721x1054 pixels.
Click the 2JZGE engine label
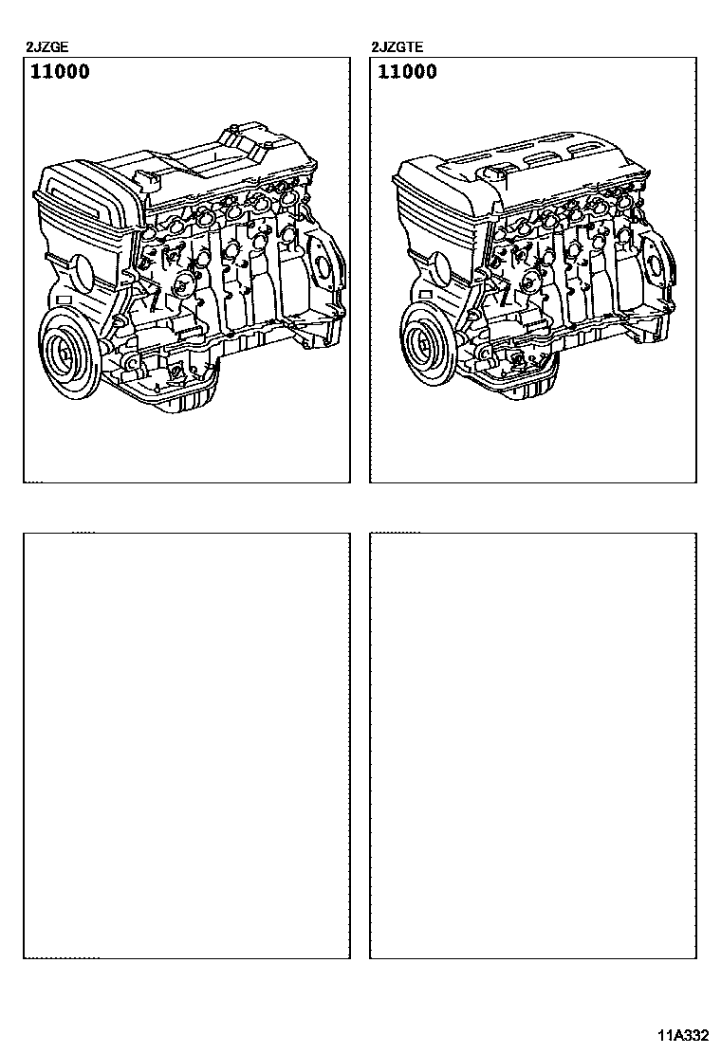pos(46,47)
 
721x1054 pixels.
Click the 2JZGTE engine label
pos(397,47)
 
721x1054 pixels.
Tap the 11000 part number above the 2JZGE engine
pos(60,72)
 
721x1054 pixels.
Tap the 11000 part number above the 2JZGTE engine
pos(407,72)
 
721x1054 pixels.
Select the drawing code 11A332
pos(683,1036)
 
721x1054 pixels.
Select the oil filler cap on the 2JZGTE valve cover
pos(496,172)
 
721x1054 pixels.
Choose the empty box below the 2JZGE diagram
pos(187,745)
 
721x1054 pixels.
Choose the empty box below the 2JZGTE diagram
pos(533,745)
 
